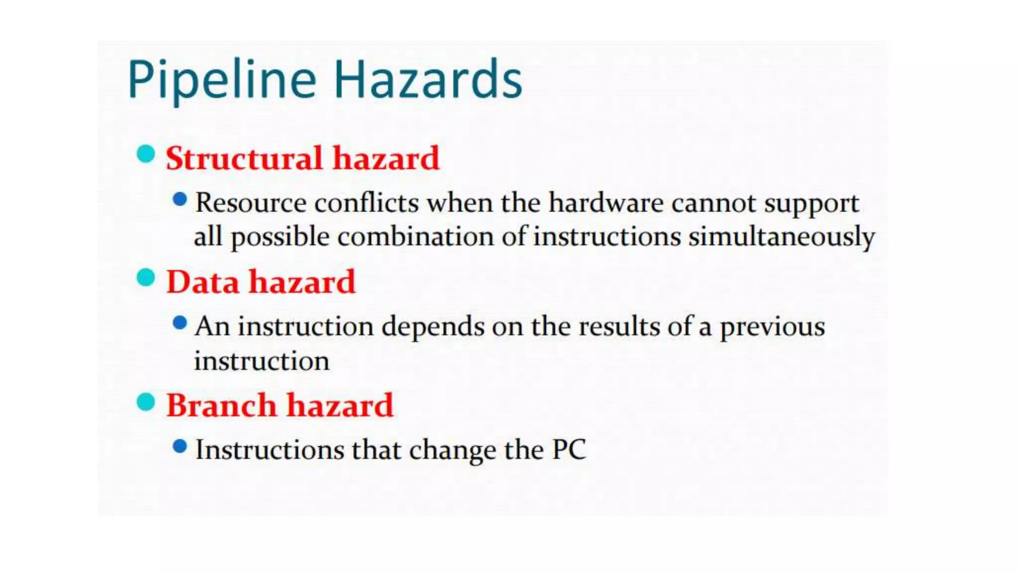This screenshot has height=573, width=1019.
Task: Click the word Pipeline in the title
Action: click(x=222, y=80)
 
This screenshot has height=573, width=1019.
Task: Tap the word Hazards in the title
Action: click(x=428, y=80)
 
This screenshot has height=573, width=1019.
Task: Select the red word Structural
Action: click(x=244, y=158)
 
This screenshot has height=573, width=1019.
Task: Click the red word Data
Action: click(x=203, y=282)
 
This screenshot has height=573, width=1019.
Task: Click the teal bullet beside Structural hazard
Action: click(x=145, y=154)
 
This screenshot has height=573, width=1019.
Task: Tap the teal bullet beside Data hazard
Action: click(x=145, y=278)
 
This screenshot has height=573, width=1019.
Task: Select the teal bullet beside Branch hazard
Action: click(x=145, y=401)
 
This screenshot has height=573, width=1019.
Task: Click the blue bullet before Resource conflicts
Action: click(x=180, y=200)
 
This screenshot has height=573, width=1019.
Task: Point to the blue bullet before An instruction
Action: click(x=180, y=323)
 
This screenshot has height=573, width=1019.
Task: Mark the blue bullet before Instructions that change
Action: click(x=180, y=446)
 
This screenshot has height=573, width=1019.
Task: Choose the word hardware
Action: click(x=606, y=203)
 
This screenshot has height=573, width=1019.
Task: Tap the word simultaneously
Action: click(x=782, y=237)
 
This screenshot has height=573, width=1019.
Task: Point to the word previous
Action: click(x=772, y=327)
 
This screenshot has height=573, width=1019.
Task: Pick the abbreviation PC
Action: click(x=569, y=450)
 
